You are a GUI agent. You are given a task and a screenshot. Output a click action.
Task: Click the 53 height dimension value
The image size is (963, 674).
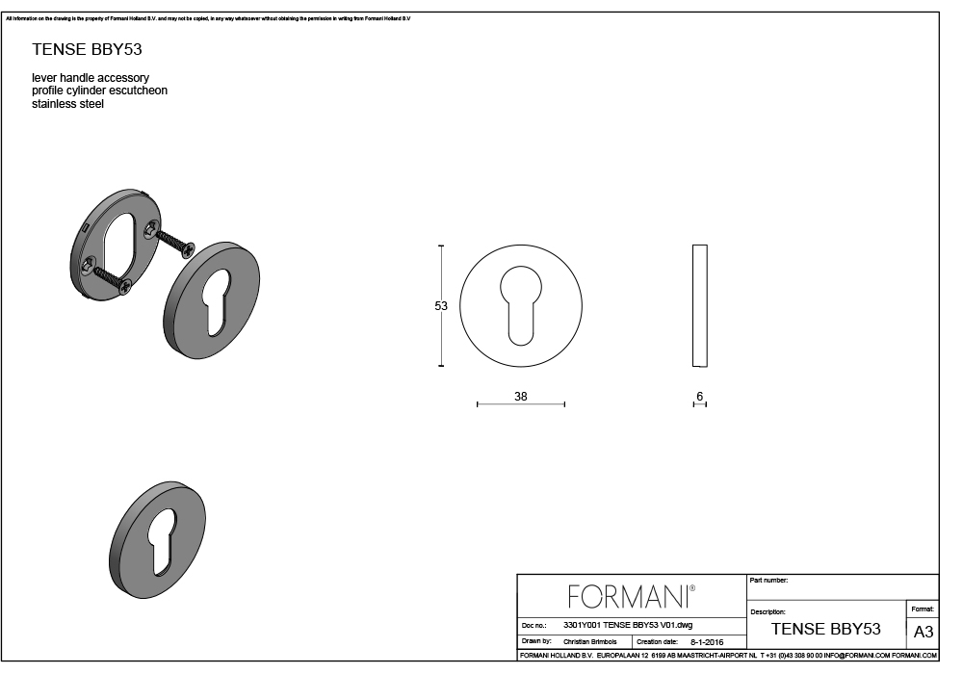pos(441,305)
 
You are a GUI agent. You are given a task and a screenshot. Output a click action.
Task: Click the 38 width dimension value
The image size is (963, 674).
pos(521,397)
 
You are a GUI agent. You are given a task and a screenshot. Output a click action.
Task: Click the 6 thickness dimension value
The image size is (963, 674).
pos(699,397)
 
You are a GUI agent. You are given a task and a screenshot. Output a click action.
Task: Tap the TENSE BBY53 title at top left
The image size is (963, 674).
pos(88,50)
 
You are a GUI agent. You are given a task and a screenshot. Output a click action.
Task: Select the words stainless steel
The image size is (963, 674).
pos(68,104)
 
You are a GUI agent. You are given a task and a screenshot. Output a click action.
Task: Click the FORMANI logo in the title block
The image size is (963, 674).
pos(632,596)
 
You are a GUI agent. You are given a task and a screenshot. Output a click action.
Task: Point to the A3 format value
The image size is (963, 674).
pos(924,632)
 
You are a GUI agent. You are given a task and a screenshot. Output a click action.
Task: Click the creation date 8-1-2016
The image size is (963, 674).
pos(707,642)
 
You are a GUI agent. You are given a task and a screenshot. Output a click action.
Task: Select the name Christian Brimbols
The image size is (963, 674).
pos(590,641)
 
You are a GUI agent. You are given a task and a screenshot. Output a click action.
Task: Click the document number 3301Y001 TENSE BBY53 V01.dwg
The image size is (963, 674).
pos(628,625)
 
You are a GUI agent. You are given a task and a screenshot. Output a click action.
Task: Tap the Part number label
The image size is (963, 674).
pos(768,580)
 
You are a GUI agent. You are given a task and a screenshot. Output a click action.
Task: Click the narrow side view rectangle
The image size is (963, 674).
pos(700,305)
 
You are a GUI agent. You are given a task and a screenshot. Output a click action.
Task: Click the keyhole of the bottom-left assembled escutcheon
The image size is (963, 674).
pos(164,541)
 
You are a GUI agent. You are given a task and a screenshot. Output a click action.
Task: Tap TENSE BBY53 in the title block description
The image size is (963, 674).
pos(826,629)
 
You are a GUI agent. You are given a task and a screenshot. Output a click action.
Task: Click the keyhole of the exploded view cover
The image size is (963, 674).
pos(219,302)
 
